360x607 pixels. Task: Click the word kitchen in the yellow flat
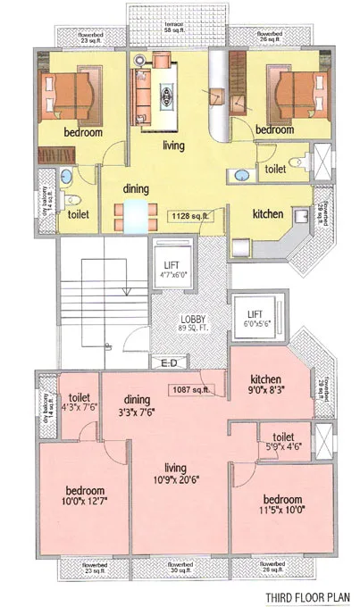pyautogui.click(x=267, y=214)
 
